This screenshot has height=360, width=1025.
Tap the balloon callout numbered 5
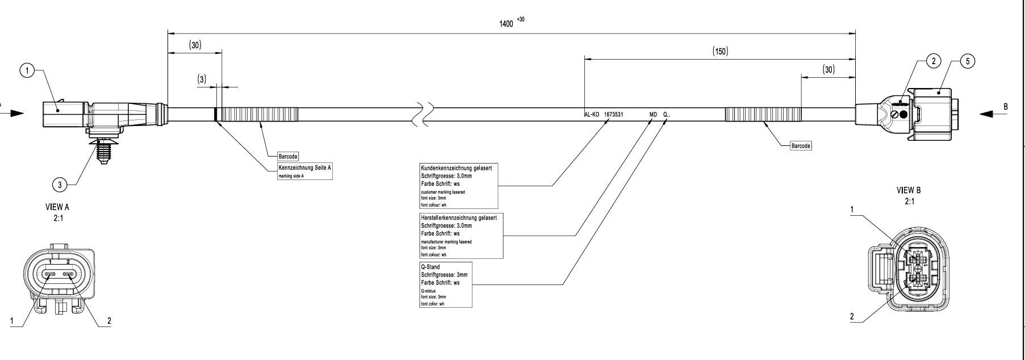pyautogui.click(x=966, y=61)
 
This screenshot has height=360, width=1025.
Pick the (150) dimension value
pyautogui.click(x=720, y=51)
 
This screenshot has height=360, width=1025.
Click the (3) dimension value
pyautogui.click(x=202, y=80)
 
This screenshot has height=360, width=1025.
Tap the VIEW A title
pyautogui.click(x=58, y=208)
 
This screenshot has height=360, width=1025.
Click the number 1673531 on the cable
pyautogui.click(x=614, y=115)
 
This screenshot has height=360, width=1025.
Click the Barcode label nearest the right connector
pyautogui.click(x=801, y=146)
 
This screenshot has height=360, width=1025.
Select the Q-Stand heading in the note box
pyautogui.click(x=430, y=267)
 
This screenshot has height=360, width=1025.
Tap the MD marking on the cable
pyautogui.click(x=653, y=115)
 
